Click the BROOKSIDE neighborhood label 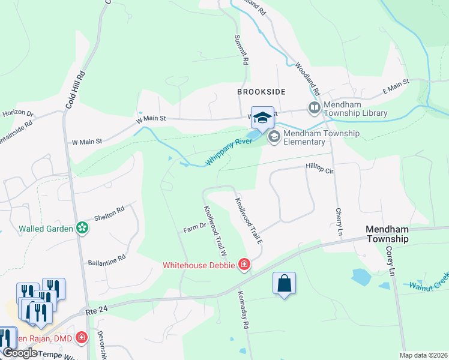pos(261,91)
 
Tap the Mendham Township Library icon pos(314,108)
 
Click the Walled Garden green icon pos(82,228)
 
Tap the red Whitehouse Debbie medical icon pos(244,265)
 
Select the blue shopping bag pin pos(285,283)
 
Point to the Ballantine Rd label pos(106,258)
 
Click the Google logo pos(20,353)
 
